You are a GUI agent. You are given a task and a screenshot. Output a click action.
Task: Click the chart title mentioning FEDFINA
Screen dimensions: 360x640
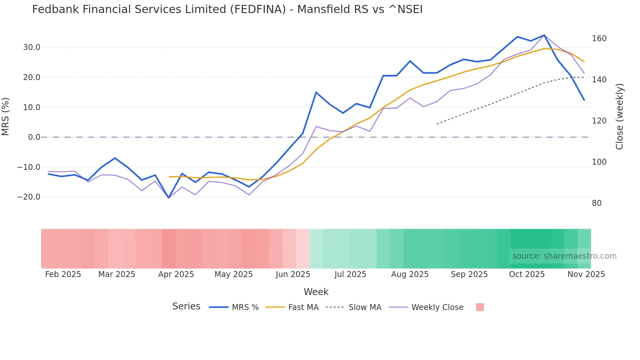pyautogui.click(x=227, y=9)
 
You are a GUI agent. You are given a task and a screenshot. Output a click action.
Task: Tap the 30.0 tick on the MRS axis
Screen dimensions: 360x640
pyautogui.click(x=32, y=47)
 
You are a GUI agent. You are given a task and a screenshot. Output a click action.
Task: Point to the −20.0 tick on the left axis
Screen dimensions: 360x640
pyautogui.click(x=29, y=197)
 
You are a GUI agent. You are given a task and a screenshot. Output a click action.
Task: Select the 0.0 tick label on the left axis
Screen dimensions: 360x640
pyautogui.click(x=34, y=137)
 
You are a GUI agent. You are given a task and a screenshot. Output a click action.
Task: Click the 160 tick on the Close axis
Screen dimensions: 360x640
pyautogui.click(x=599, y=39)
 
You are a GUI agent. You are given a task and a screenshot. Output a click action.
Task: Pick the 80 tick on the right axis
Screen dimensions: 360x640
pyautogui.click(x=597, y=203)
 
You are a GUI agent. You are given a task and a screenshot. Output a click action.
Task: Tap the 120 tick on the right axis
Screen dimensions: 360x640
pyautogui.click(x=599, y=121)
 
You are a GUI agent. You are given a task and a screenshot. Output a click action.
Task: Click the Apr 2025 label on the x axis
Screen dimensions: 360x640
pyautogui.click(x=176, y=274)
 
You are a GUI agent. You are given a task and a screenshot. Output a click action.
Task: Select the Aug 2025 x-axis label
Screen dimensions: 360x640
pyautogui.click(x=410, y=274)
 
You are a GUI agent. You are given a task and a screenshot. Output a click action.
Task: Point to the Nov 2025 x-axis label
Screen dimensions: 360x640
pyautogui.click(x=586, y=274)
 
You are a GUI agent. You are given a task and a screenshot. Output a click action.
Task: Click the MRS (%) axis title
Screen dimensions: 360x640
pyautogui.click(x=6, y=117)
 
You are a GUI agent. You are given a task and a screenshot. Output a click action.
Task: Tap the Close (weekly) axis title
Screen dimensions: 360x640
pyautogui.click(x=619, y=117)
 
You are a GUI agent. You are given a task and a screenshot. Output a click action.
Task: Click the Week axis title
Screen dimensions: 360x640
pyautogui.click(x=316, y=292)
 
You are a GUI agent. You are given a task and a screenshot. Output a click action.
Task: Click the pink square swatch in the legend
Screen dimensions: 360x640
pyautogui.click(x=480, y=307)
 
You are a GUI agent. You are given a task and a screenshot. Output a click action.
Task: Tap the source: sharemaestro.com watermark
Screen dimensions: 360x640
pyautogui.click(x=564, y=256)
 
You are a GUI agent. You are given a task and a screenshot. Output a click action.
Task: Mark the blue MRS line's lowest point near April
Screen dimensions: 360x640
pyautogui.click(x=168, y=198)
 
